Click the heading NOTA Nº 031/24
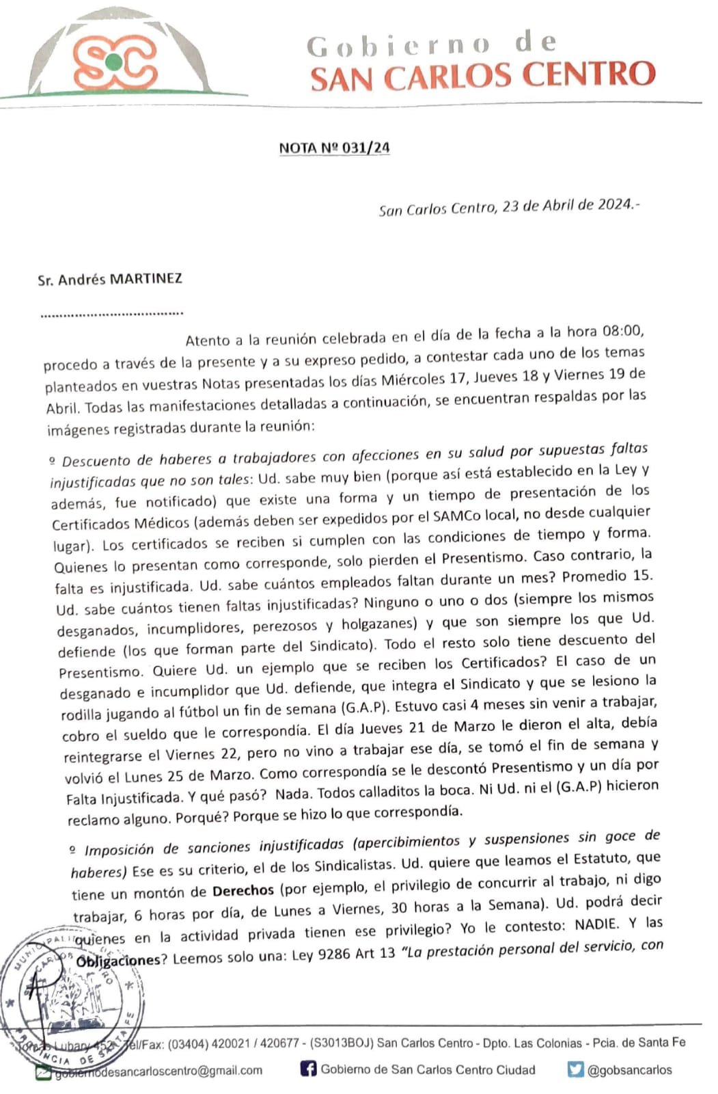click(x=334, y=148)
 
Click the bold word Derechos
click(x=243, y=891)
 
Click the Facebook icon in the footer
click(x=309, y=1069)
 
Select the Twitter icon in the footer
click(x=576, y=1069)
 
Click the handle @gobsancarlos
click(x=629, y=1069)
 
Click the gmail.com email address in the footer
click(x=157, y=1070)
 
